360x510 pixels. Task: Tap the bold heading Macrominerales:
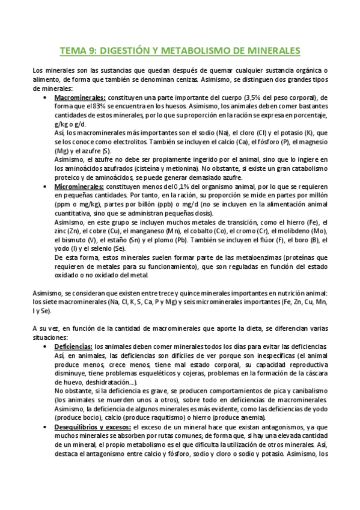(80, 97)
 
